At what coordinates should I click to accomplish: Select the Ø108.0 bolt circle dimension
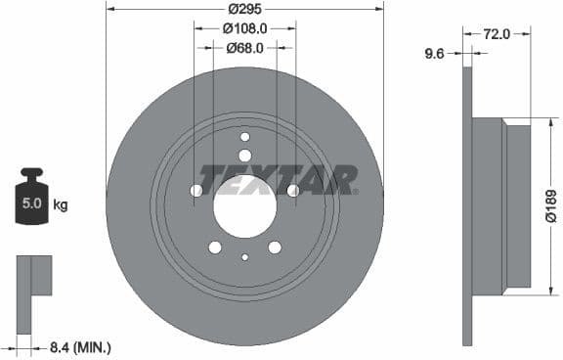tap(244, 28)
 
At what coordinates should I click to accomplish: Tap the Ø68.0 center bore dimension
tap(244, 47)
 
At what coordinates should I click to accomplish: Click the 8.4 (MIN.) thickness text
tap(79, 346)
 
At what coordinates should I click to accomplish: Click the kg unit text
tap(61, 205)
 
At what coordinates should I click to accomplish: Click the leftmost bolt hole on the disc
tap(196, 190)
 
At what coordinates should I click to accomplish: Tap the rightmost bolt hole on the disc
tap(292, 190)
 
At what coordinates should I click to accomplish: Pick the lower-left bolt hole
tap(215, 247)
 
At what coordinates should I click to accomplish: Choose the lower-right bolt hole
tap(275, 247)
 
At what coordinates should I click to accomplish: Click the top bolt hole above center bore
tap(244, 156)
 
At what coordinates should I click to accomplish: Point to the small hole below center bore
tap(244, 257)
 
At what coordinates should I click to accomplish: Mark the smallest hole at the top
tap(244, 137)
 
